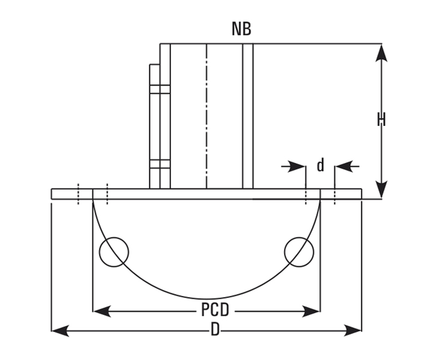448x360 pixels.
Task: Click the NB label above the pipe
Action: [x=241, y=29]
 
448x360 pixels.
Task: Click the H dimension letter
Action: [x=382, y=120]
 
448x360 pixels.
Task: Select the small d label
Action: [x=320, y=166]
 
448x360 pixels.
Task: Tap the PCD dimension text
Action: [x=215, y=311]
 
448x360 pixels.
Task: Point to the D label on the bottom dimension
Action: [x=215, y=330]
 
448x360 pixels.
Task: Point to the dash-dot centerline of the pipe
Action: [x=207, y=114]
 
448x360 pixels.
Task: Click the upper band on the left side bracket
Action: [x=160, y=89]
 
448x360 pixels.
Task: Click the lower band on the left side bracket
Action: [x=160, y=164]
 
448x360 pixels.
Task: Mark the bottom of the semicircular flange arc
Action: [x=207, y=299]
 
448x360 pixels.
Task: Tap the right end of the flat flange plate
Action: [x=360, y=194]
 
